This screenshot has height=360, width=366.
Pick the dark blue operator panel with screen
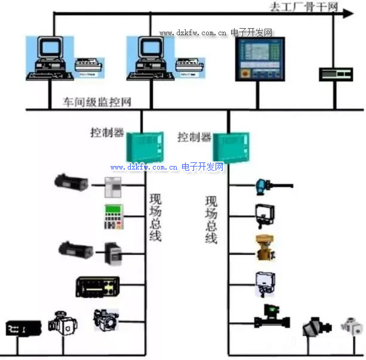[x=257, y=59]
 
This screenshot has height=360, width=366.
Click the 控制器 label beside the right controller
[x=194, y=137]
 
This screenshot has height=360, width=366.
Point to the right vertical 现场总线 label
[x=211, y=219]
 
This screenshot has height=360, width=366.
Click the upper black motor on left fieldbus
[x=72, y=182]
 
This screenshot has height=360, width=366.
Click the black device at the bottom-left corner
[x=23, y=328]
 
